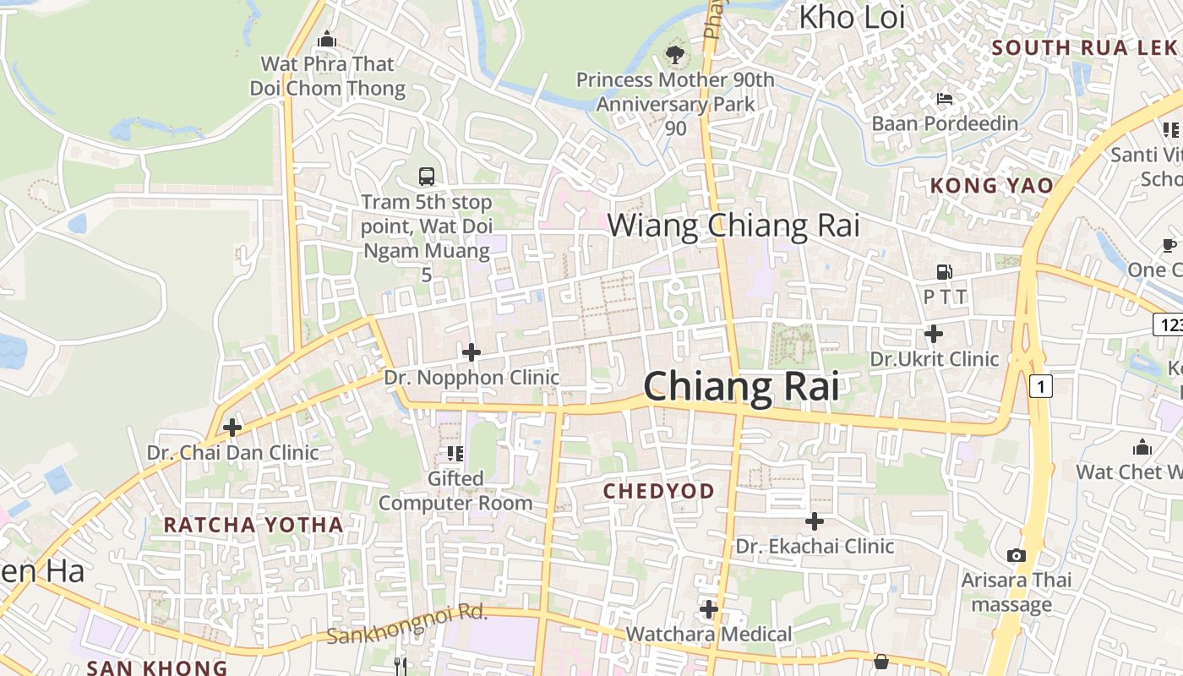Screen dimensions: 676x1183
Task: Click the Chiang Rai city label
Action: click(x=741, y=387)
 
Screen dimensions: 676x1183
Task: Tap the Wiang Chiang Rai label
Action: click(x=733, y=226)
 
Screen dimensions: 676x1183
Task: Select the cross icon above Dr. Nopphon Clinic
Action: click(x=472, y=352)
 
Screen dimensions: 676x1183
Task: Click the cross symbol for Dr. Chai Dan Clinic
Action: click(x=232, y=428)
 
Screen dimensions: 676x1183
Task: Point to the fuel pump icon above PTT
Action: click(x=945, y=272)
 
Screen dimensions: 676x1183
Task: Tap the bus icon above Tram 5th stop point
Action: click(x=427, y=177)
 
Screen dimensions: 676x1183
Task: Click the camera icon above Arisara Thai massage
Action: click(x=1016, y=555)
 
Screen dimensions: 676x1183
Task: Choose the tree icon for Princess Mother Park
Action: click(x=674, y=56)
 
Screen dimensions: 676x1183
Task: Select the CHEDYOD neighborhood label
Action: click(x=658, y=491)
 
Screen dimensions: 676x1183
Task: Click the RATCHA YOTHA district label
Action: click(x=253, y=525)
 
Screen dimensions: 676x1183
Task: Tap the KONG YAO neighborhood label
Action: click(x=991, y=186)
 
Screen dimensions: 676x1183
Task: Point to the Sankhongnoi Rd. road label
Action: click(x=407, y=624)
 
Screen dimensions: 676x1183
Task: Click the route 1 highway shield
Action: click(x=1041, y=387)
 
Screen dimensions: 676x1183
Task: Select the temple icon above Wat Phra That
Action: click(x=327, y=39)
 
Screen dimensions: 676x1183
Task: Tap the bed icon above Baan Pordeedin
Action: click(x=945, y=99)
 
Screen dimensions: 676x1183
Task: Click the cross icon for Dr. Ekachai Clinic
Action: click(x=815, y=521)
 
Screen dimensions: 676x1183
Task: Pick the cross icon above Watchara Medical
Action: click(x=709, y=608)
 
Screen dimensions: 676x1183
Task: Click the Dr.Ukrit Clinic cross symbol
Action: click(x=934, y=334)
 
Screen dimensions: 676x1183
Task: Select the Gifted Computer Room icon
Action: click(x=455, y=454)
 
